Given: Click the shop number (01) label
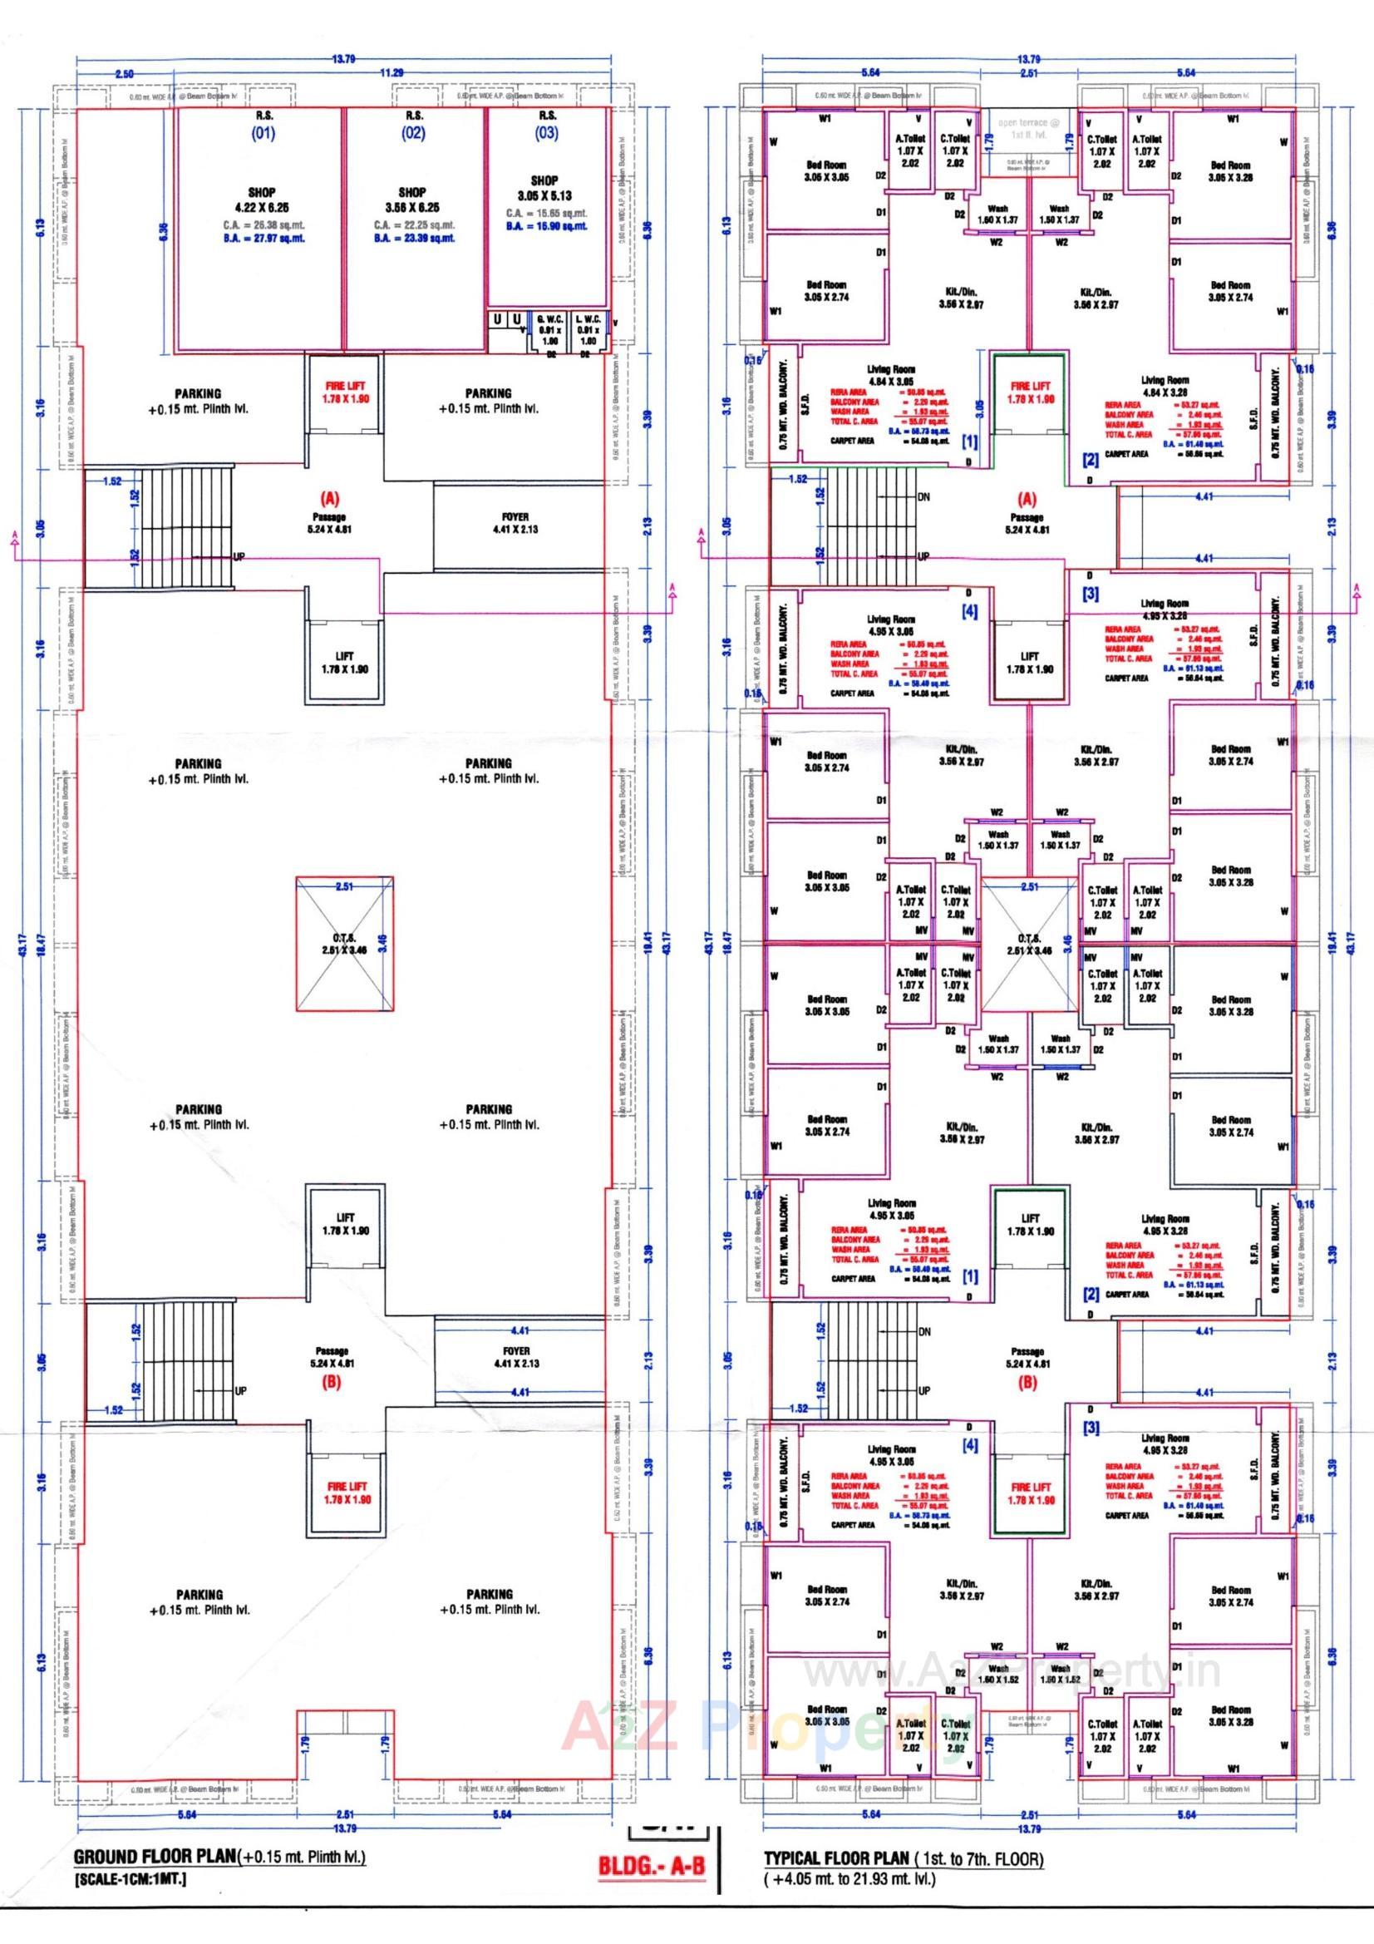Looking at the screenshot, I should coord(263,133).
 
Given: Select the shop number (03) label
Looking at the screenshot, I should coord(547,133).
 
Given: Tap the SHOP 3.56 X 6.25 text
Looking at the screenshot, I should coord(412,200).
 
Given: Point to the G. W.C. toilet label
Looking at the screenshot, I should coord(544,320).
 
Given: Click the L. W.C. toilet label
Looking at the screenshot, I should coord(587,320).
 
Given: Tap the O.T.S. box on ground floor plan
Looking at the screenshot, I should coord(345,943).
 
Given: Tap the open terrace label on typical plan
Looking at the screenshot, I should coord(1028,128).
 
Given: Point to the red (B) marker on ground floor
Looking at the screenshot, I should coord(332,1383).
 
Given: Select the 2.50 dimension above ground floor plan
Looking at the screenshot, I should coord(124,75).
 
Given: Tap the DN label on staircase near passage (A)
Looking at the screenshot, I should coord(923,497).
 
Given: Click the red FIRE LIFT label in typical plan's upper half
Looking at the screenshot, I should coord(1028,392).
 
